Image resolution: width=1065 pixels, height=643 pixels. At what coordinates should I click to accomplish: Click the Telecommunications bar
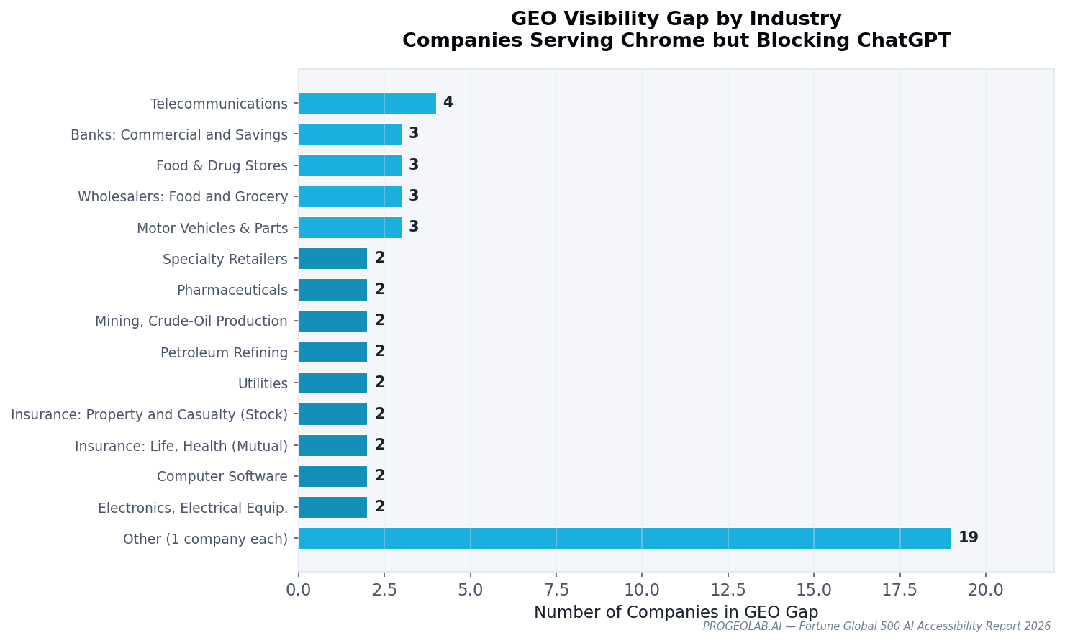[367, 104]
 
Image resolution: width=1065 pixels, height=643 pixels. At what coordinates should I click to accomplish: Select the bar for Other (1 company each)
[625, 539]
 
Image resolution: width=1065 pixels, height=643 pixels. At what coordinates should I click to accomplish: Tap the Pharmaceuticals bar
[332, 290]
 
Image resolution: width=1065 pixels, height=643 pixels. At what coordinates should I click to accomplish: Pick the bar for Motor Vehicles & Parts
[350, 228]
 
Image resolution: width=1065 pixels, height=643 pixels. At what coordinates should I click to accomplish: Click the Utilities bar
[332, 383]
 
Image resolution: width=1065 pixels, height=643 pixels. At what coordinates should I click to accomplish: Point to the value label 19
[968, 538]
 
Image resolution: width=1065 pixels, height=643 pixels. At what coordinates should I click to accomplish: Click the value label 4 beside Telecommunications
[448, 103]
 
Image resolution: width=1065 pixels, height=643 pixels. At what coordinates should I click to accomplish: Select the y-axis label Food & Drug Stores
[222, 166]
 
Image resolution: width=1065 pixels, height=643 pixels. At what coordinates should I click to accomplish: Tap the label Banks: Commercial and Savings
[179, 135]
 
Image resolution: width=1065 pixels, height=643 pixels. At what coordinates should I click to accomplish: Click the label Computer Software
[222, 477]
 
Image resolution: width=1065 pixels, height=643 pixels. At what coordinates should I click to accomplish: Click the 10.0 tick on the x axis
[642, 590]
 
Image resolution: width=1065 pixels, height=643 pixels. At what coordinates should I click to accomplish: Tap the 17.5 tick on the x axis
[899, 590]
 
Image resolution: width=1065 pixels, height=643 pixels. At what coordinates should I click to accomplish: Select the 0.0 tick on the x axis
[299, 590]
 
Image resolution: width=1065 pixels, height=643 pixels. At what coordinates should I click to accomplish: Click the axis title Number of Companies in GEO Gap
[676, 613]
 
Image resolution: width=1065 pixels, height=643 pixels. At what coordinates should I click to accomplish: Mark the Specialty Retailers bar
[332, 259]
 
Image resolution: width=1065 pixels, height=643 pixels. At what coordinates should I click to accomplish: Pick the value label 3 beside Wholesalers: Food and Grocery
[414, 196]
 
